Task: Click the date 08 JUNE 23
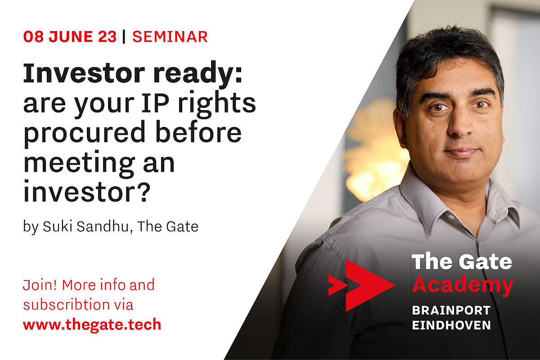point(70,36)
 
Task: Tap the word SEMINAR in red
point(170,36)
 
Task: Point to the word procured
point(85,134)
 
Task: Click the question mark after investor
point(145,192)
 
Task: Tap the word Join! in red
point(40,285)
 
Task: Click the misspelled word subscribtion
point(67,304)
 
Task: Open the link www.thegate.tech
point(92,324)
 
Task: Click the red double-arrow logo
point(362,285)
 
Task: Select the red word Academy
point(463,285)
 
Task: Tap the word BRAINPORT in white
point(451,310)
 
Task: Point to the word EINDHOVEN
point(451,325)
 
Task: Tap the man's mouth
point(462,152)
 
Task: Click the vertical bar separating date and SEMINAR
point(124,36)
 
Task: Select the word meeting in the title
point(79,163)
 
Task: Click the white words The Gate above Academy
point(462,261)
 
